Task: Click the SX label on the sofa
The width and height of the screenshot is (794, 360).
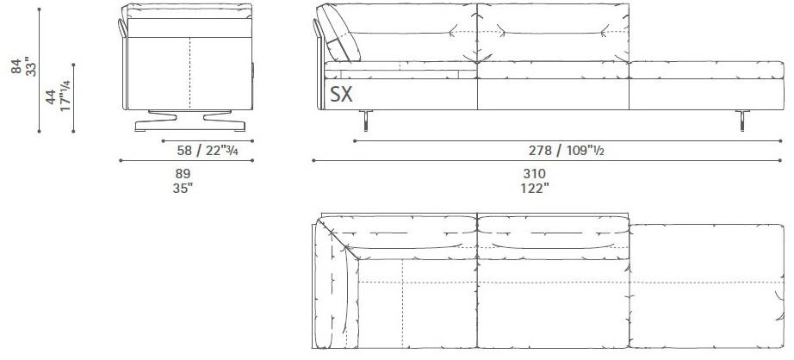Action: [341, 94]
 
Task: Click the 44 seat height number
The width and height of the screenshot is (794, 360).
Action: [51, 96]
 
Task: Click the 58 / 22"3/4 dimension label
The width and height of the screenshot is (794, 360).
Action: [208, 151]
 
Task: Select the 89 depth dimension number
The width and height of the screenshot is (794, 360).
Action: [183, 173]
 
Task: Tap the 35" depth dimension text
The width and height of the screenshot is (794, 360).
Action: [183, 188]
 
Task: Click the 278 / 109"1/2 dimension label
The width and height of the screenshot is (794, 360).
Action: [565, 151]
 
